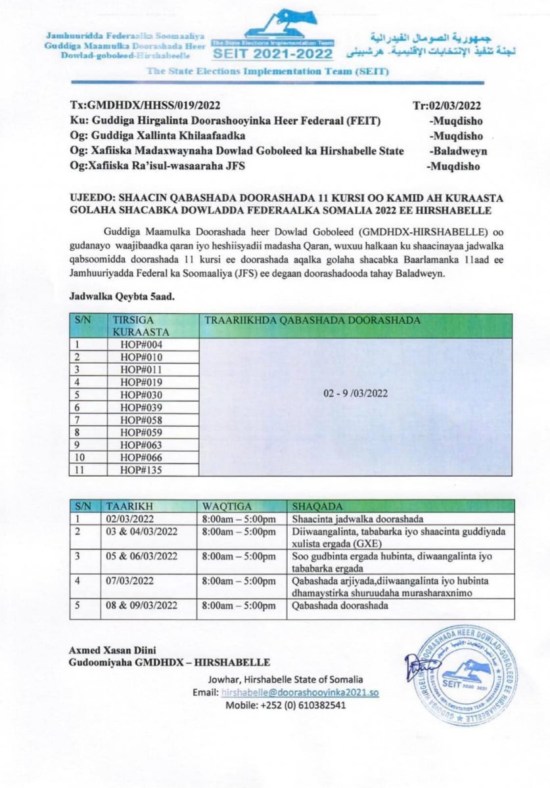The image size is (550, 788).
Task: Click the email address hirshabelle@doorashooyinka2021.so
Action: click(300, 693)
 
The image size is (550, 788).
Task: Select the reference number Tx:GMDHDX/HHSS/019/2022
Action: click(145, 105)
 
